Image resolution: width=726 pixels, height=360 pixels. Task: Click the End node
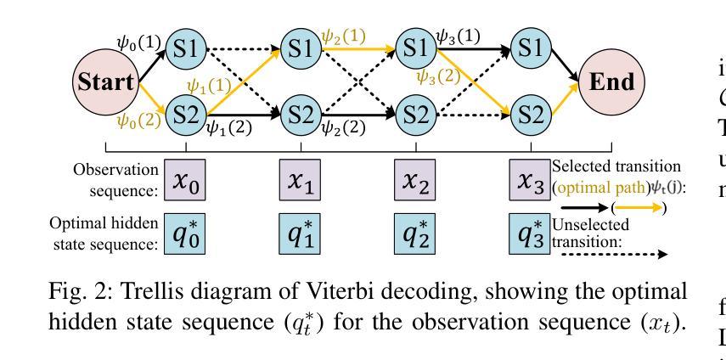pos(609,83)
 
